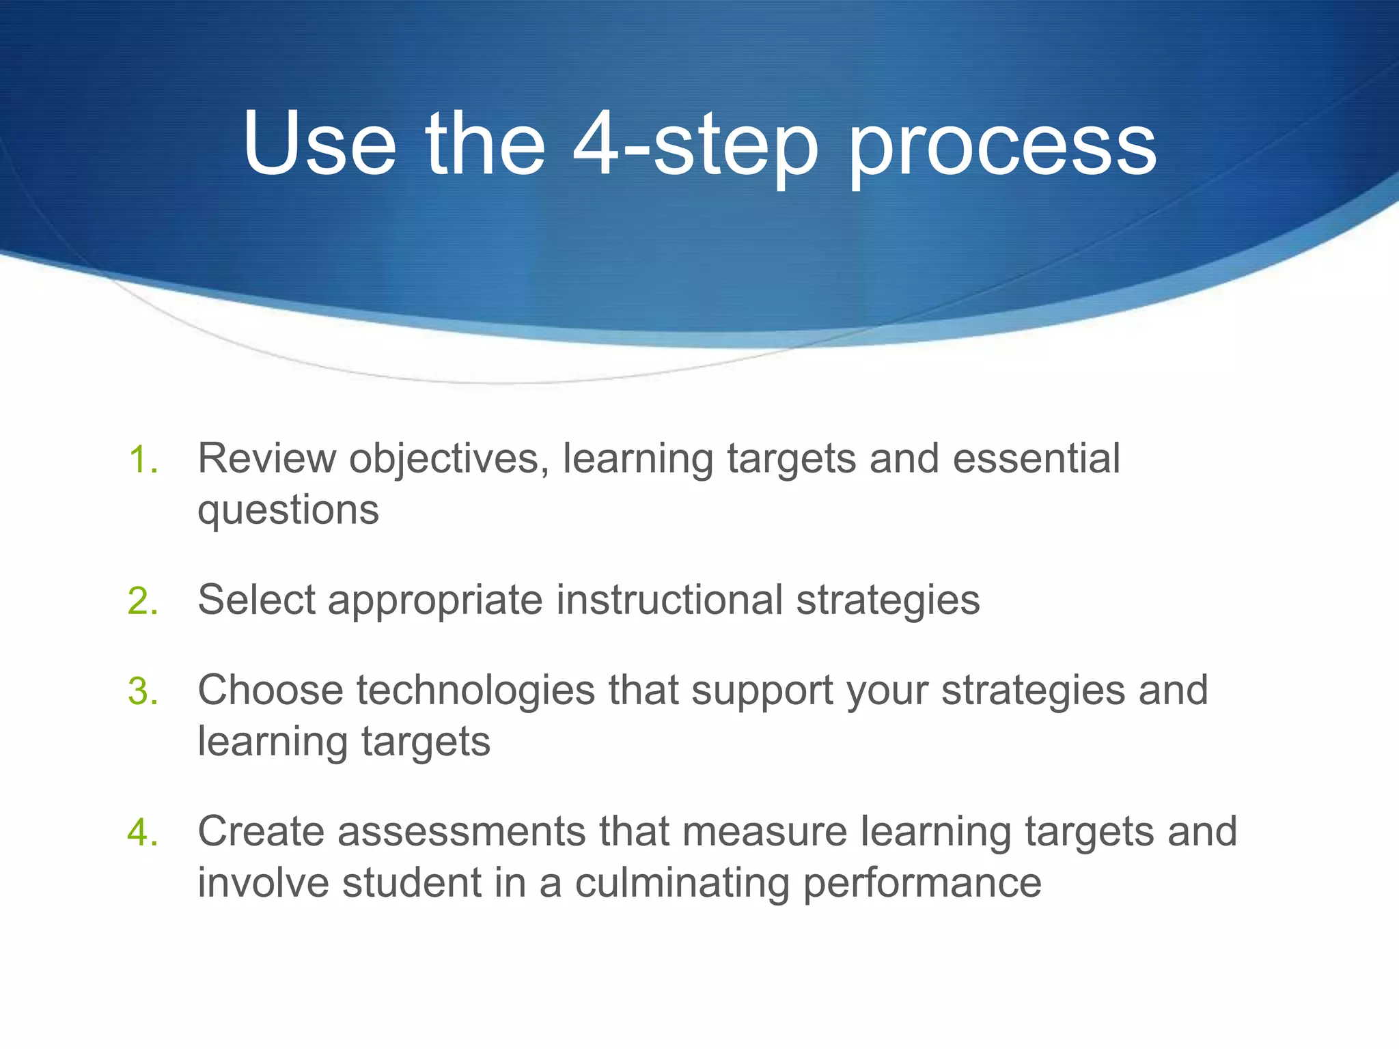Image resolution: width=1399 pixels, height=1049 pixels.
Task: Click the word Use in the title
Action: [x=319, y=145]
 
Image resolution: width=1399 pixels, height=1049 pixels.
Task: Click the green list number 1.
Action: [x=143, y=460]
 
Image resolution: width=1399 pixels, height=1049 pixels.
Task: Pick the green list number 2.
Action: [x=143, y=602]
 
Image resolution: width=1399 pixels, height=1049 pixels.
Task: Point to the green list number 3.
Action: [x=143, y=691]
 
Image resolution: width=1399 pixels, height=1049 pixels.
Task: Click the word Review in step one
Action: [x=266, y=458]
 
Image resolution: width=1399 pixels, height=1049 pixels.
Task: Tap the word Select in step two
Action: [x=256, y=600]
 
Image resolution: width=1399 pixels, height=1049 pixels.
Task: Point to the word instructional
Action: [x=669, y=600]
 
